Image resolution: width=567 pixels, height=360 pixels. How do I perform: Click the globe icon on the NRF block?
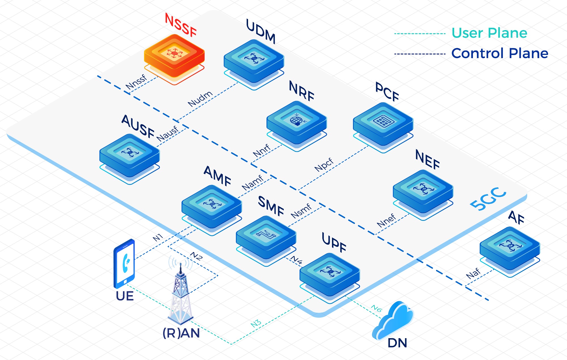[296, 121]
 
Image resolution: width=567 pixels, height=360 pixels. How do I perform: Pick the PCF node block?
[383, 123]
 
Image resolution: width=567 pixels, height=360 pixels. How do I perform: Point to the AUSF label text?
[138, 127]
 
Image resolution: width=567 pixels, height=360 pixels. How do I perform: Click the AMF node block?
[211, 206]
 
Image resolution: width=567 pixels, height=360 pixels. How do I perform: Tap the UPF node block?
[329, 274]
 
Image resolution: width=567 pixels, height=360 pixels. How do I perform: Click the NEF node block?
[423, 190]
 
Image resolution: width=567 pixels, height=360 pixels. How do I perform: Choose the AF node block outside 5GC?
[509, 247]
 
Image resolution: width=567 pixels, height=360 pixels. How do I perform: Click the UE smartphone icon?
[124, 264]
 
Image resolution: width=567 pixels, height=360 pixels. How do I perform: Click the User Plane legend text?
[489, 33]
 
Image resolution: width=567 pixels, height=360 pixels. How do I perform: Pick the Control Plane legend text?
[500, 53]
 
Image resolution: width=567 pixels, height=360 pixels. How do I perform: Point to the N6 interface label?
[376, 308]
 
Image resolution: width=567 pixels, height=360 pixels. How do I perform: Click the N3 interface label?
[256, 323]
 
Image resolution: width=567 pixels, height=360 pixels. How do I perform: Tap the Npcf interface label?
[324, 165]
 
